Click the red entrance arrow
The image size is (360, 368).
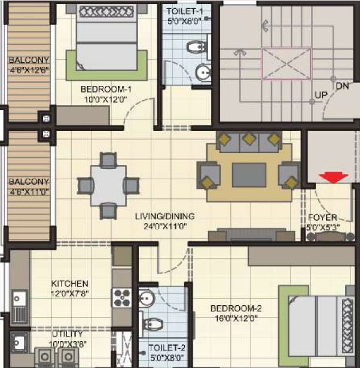pyautogui.click(x=334, y=177)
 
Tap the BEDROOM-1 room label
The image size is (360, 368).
pyautogui.click(x=106, y=90)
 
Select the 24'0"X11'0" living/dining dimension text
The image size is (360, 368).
pyautogui.click(x=165, y=226)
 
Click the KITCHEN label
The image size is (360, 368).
pyautogui.click(x=70, y=284)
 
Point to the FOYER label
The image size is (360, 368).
pyautogui.click(x=323, y=217)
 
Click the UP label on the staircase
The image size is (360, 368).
pyautogui.click(x=321, y=95)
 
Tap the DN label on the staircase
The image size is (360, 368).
pyautogui.click(x=343, y=86)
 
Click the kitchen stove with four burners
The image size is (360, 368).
pyautogui.click(x=121, y=298)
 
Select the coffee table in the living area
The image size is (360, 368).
pyautogui.click(x=249, y=175)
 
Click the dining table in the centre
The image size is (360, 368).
pyautogui.click(x=109, y=185)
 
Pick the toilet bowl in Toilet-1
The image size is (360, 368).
pyautogui.click(x=196, y=47)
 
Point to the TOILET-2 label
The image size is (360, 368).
pyautogui.click(x=167, y=348)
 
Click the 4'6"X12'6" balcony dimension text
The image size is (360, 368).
pyautogui.click(x=29, y=70)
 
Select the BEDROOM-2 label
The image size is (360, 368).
pyautogui.click(x=236, y=308)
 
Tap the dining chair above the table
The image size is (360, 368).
pyautogui.click(x=108, y=160)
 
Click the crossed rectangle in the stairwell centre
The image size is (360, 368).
pyautogui.click(x=286, y=64)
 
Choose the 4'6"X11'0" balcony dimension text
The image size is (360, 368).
pyautogui.click(x=29, y=192)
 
